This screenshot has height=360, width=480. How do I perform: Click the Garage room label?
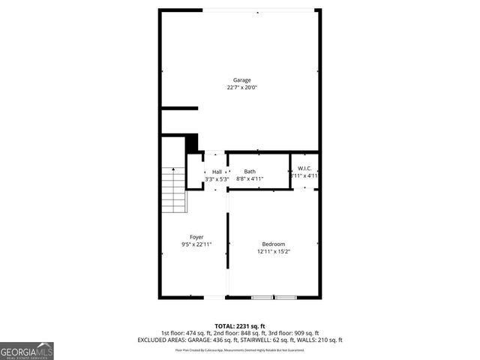click(241, 80)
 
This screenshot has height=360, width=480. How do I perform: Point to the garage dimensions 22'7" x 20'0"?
click(241, 88)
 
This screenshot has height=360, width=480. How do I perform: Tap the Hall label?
click(216, 172)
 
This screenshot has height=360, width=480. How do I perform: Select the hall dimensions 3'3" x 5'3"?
click(216, 179)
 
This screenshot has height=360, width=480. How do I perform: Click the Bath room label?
click(250, 172)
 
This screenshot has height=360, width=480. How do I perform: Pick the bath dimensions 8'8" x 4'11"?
click(250, 179)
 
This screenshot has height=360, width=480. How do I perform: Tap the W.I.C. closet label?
click(304, 168)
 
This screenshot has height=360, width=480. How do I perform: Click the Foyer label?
click(196, 237)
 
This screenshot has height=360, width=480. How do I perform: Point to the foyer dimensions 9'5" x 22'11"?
click(196, 244)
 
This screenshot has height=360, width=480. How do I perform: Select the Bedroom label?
click(273, 244)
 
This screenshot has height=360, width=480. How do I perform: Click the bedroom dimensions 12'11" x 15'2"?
click(273, 252)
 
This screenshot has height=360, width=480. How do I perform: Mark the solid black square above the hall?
click(191, 142)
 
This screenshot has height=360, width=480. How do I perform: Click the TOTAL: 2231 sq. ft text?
click(240, 326)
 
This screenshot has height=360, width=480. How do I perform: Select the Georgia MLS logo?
click(27, 350)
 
